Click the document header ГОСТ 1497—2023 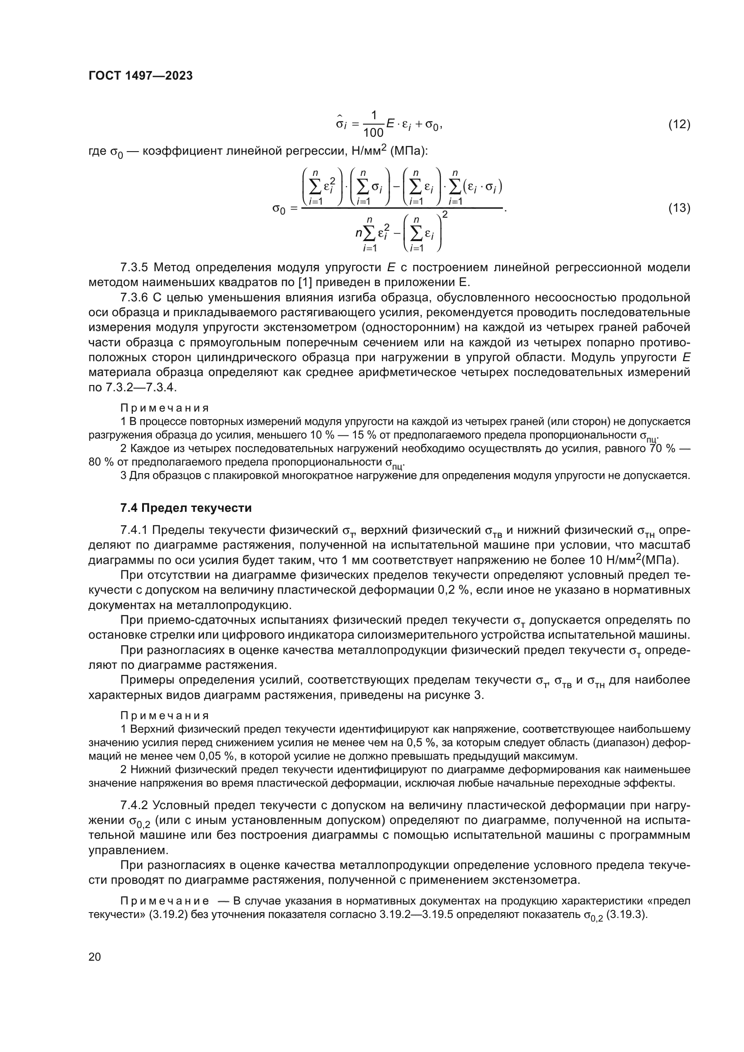coord(140,76)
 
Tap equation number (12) coord(679,124)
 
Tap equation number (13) coord(679,208)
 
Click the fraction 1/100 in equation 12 coord(373,124)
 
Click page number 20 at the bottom coord(94,957)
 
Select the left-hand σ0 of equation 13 coord(279,209)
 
